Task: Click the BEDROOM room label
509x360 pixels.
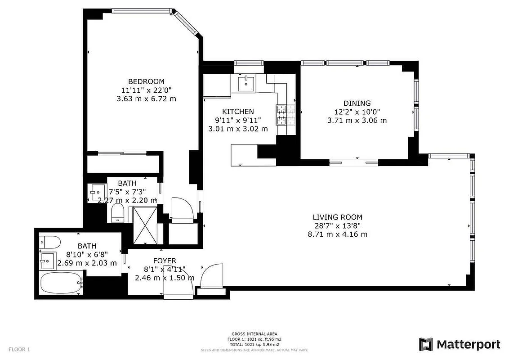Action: tap(146, 81)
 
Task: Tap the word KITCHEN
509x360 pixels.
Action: tap(238, 112)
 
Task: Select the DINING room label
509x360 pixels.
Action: tap(357, 103)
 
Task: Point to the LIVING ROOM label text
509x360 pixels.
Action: tap(338, 217)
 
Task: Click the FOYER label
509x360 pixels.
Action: tap(165, 261)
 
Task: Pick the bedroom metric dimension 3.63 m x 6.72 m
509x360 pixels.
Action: tap(146, 99)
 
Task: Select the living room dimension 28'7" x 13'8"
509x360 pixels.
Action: tap(338, 225)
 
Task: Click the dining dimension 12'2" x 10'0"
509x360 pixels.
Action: tap(357, 112)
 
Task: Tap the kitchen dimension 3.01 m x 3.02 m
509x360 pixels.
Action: tap(238, 129)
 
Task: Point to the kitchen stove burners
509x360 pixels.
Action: tap(282, 114)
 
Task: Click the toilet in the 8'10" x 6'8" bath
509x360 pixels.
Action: tap(50, 242)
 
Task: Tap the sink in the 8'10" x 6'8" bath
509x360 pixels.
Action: tap(47, 260)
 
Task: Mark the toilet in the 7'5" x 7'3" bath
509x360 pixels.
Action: tap(118, 212)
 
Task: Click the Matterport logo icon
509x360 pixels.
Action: tap(426, 345)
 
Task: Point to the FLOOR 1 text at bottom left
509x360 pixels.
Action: tap(19, 349)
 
